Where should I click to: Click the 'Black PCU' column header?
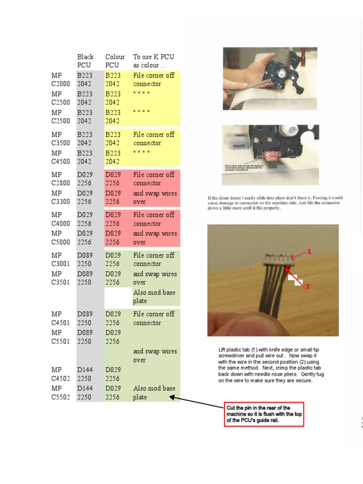click(86, 61)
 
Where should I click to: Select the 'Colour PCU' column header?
click(115, 61)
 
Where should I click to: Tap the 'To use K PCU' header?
click(153, 61)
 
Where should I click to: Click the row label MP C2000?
click(60, 79)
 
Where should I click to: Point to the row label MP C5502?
click(60, 393)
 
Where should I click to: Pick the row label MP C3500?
click(60, 138)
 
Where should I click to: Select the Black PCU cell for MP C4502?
click(86, 374)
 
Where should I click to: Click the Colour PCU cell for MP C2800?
click(113, 179)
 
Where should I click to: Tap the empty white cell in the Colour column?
click(118, 297)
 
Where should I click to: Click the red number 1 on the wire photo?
click(310, 252)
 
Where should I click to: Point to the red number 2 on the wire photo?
click(307, 286)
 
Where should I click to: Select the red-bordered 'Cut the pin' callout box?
click(264, 414)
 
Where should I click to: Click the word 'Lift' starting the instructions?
click(224, 349)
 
